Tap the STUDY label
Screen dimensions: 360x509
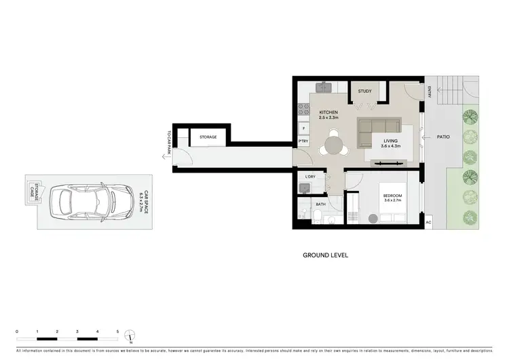[364, 90]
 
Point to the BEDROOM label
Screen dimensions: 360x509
[394, 197]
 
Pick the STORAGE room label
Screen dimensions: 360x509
[208, 137]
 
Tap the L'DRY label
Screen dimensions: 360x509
[310, 177]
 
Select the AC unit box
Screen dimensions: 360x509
[428, 222]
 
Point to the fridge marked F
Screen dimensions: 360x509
[303, 128]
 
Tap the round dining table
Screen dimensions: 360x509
[333, 146]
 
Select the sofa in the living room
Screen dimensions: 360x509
[380, 127]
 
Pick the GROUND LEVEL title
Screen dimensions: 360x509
[325, 256]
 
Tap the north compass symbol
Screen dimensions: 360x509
[131, 334]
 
